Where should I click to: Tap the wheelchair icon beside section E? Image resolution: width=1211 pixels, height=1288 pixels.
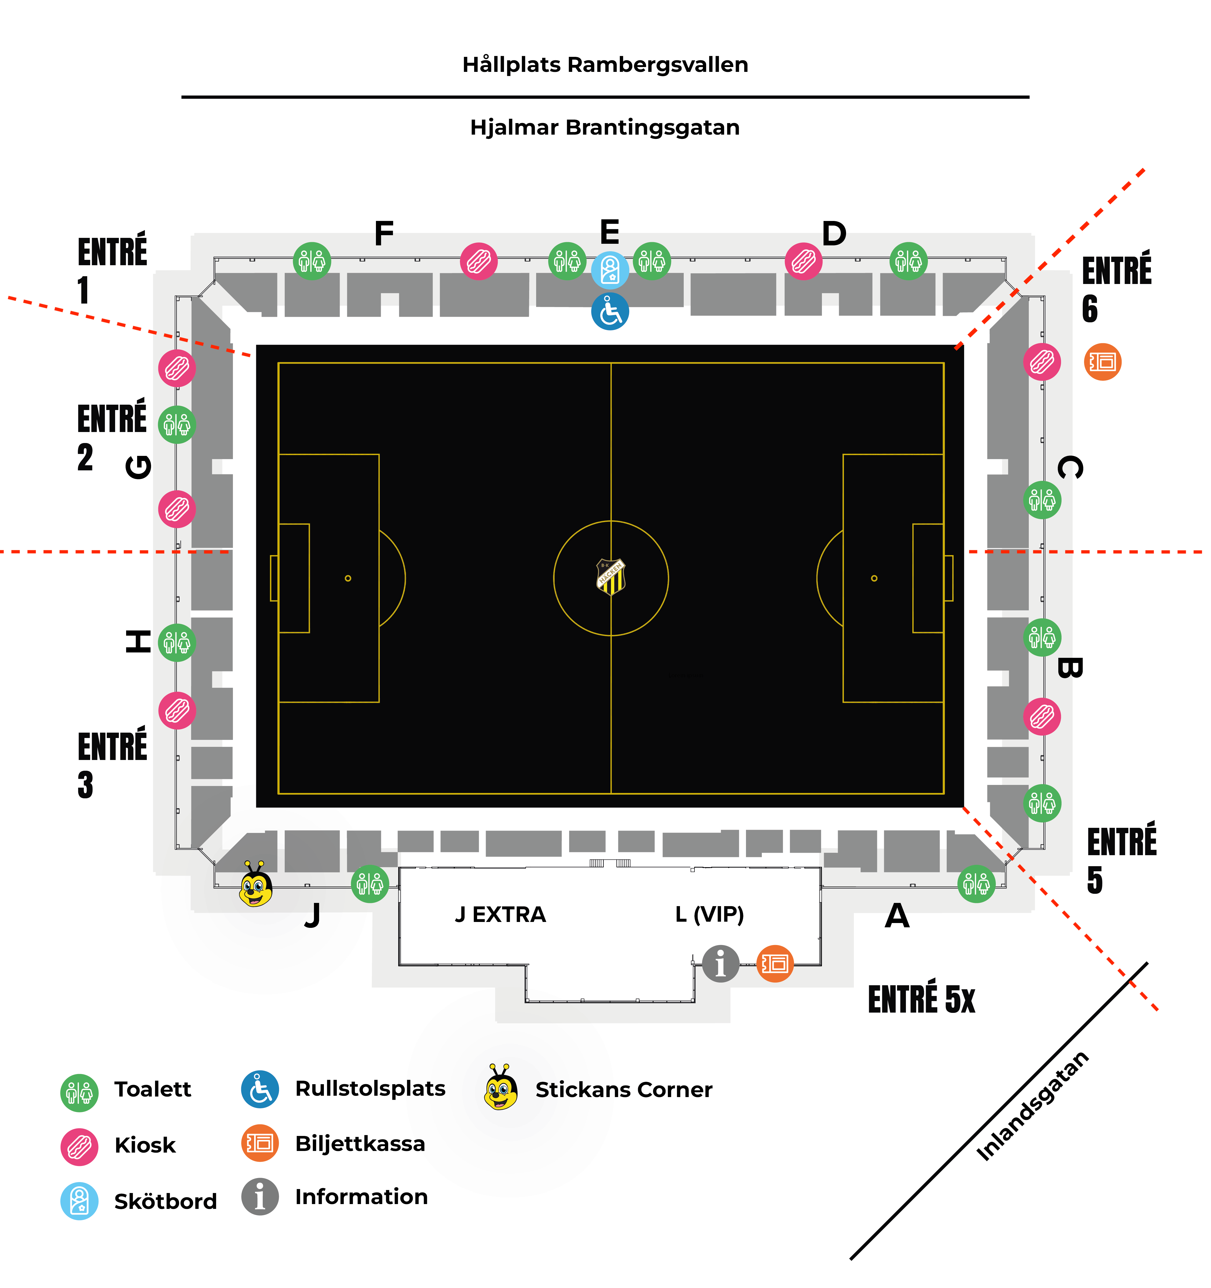pos(609,312)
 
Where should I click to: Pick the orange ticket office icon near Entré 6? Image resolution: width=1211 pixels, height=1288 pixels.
pos(1102,361)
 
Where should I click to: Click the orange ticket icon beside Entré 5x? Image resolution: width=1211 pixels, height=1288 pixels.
pos(775,964)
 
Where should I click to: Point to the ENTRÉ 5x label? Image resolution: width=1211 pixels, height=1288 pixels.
pos(921,1000)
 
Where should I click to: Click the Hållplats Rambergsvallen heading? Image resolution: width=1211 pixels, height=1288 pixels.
pos(605,65)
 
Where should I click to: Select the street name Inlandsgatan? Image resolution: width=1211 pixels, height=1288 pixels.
pos(1032,1107)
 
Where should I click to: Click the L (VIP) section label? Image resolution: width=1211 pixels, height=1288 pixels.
pos(709,915)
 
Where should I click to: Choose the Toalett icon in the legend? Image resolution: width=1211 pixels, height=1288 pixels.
pos(79,1093)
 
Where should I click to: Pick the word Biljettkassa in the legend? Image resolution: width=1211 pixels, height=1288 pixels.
pos(360,1144)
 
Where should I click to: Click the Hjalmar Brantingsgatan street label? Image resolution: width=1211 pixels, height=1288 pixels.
pos(605,128)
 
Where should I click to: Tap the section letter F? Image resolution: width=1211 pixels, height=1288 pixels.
pos(384,233)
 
